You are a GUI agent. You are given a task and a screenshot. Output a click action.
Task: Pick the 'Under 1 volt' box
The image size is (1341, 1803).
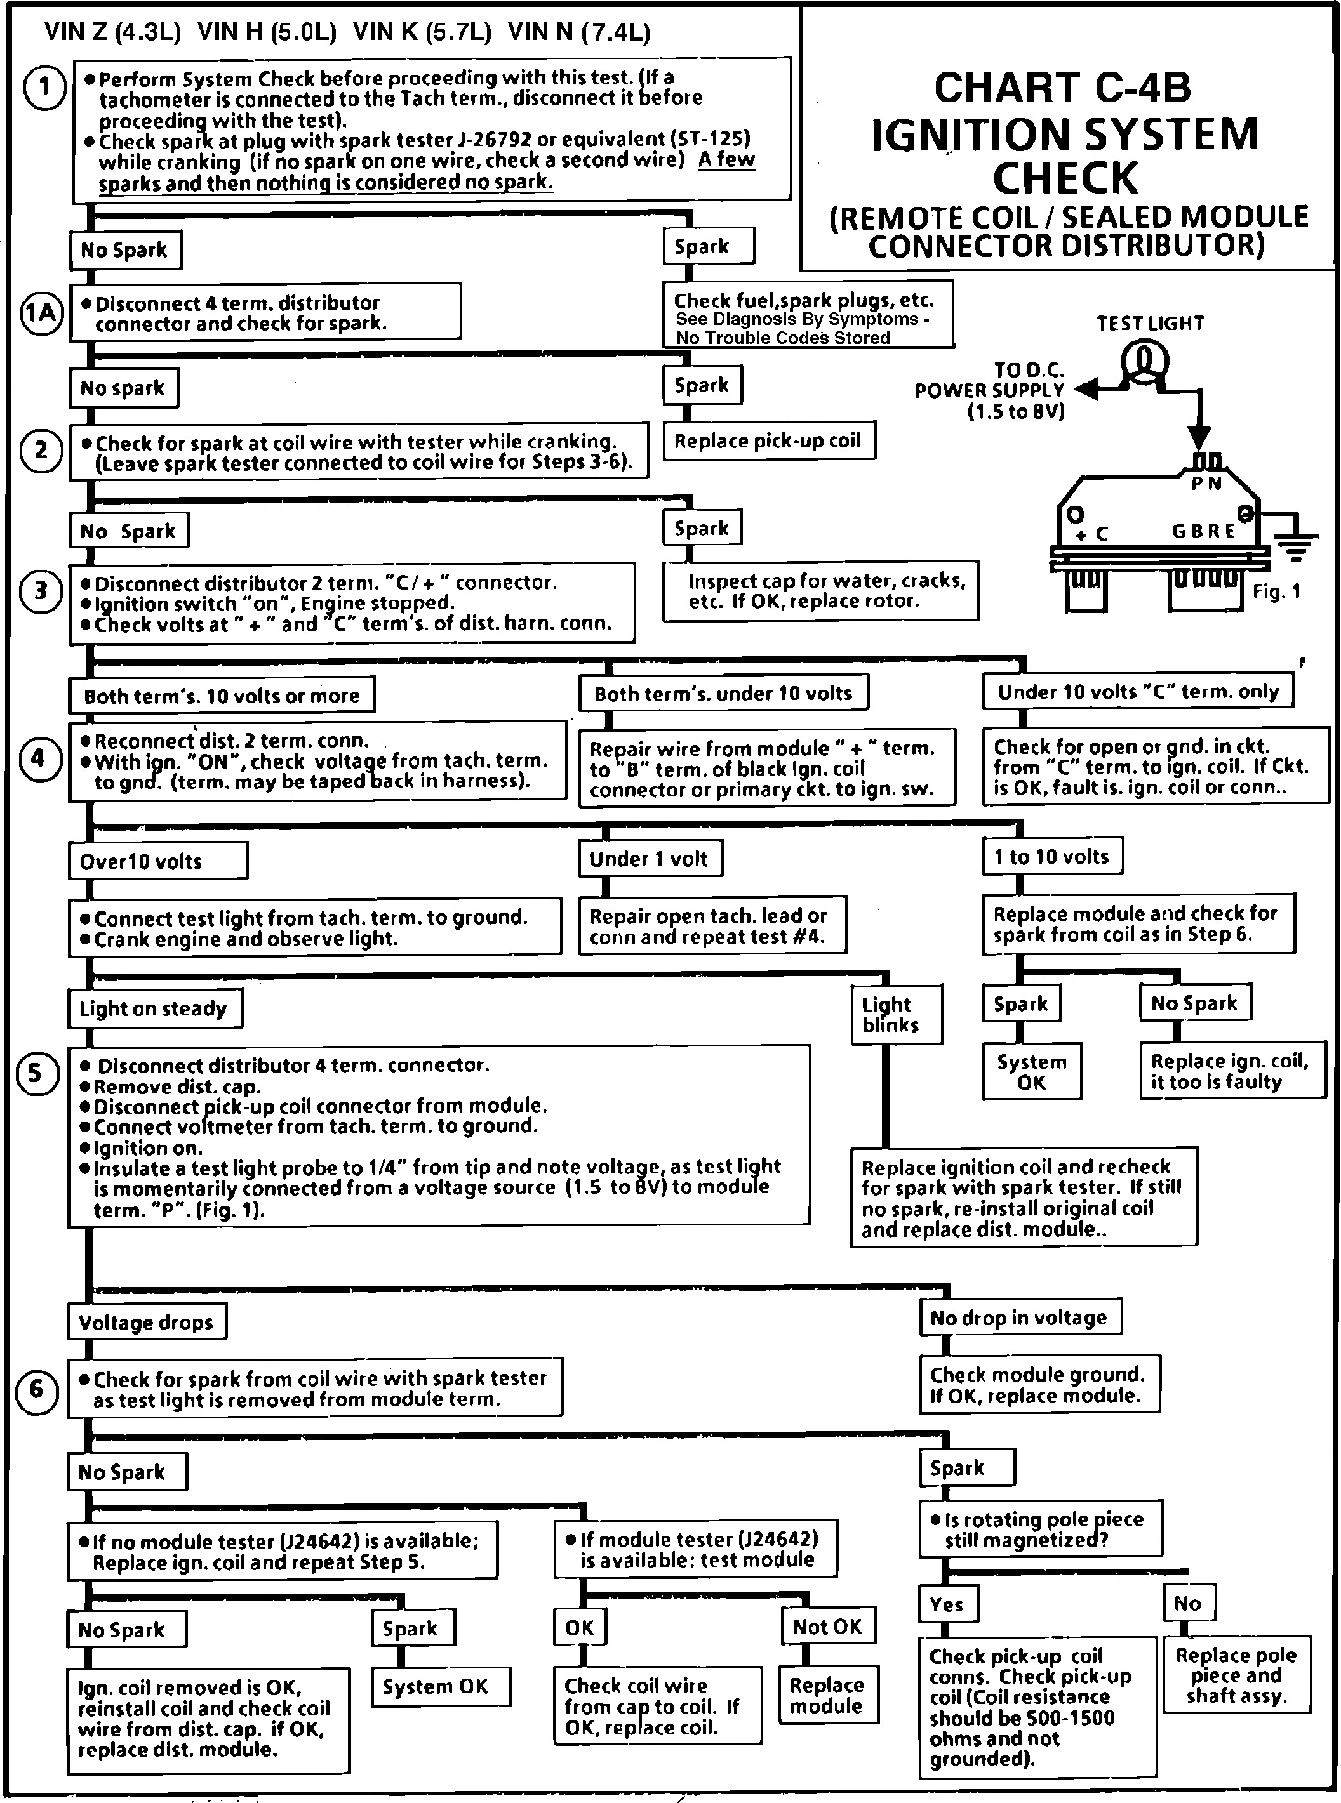(x=650, y=859)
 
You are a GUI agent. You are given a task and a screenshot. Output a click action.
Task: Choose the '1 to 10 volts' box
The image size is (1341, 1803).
(x=1052, y=857)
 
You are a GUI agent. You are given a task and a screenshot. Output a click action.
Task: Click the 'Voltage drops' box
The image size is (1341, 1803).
(x=146, y=1322)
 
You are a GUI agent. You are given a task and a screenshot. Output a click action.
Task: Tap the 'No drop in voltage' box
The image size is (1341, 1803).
(x=1020, y=1318)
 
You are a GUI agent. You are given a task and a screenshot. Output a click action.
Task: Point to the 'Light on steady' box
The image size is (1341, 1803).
(x=154, y=1008)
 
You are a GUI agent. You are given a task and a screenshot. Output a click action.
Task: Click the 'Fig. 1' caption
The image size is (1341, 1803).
(x=1276, y=591)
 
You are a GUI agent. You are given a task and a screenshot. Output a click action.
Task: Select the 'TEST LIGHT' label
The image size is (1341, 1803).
(x=1151, y=323)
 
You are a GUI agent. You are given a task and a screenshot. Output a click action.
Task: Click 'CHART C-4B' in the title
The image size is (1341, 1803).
(x=1062, y=88)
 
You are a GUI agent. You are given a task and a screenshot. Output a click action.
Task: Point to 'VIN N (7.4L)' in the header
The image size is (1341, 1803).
(x=579, y=32)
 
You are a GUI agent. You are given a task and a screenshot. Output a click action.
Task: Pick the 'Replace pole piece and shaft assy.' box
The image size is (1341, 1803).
(x=1236, y=1675)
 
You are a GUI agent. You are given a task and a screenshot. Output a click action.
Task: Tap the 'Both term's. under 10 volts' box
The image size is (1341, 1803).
(x=723, y=693)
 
